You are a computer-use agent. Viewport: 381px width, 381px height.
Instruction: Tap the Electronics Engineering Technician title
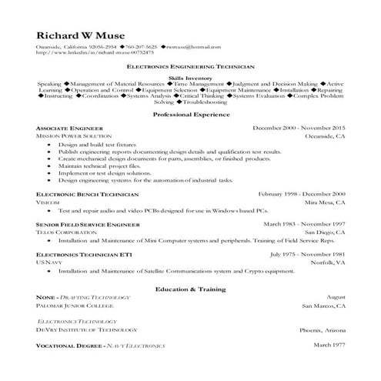point(191,68)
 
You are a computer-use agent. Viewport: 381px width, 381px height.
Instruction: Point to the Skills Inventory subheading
point(190,78)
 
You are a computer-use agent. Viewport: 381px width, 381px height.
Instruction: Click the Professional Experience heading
point(191,114)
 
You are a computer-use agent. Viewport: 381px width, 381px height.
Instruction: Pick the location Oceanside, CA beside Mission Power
point(323,135)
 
